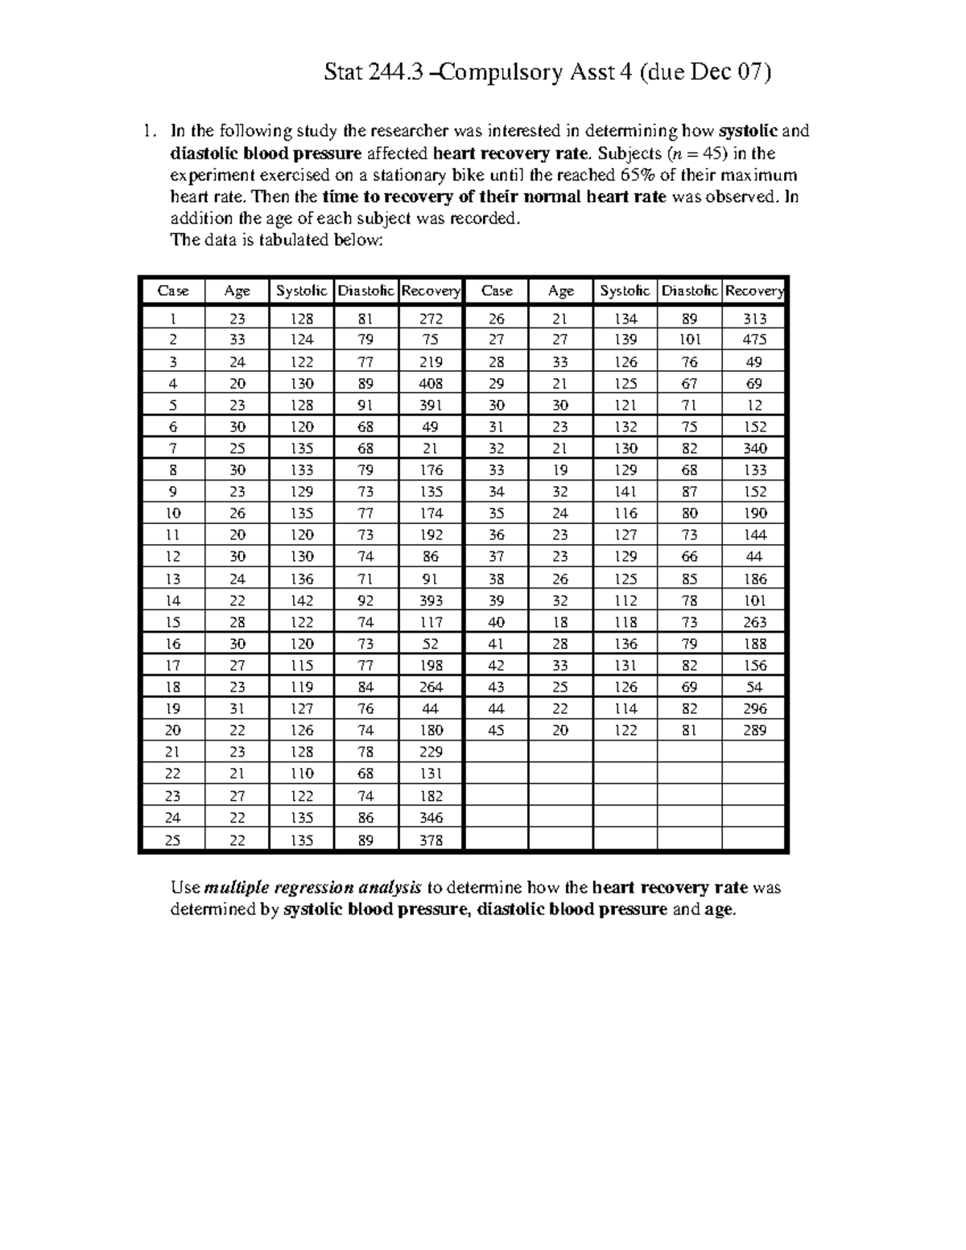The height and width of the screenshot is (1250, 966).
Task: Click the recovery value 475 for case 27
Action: click(754, 340)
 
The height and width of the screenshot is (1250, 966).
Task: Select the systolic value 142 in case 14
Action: click(301, 600)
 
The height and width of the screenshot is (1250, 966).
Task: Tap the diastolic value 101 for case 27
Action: click(689, 340)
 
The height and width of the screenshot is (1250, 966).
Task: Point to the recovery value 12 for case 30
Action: click(754, 405)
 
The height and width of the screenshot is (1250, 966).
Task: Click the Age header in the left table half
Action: click(237, 291)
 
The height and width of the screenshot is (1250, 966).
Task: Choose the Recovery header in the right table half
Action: click(754, 291)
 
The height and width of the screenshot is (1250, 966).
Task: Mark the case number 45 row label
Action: click(496, 730)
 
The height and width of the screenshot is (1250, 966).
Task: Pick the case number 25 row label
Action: click(172, 840)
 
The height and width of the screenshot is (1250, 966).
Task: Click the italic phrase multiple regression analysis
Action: click(313, 887)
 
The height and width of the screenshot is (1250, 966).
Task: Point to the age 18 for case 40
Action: click(560, 622)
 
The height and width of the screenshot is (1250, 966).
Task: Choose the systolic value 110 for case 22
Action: click(301, 774)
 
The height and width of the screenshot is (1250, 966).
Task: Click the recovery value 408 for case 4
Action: click(431, 383)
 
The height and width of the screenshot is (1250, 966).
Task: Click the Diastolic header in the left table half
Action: click(366, 291)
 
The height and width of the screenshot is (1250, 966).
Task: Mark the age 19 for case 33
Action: click(560, 470)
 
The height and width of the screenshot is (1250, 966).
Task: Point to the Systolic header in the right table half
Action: click(625, 291)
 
